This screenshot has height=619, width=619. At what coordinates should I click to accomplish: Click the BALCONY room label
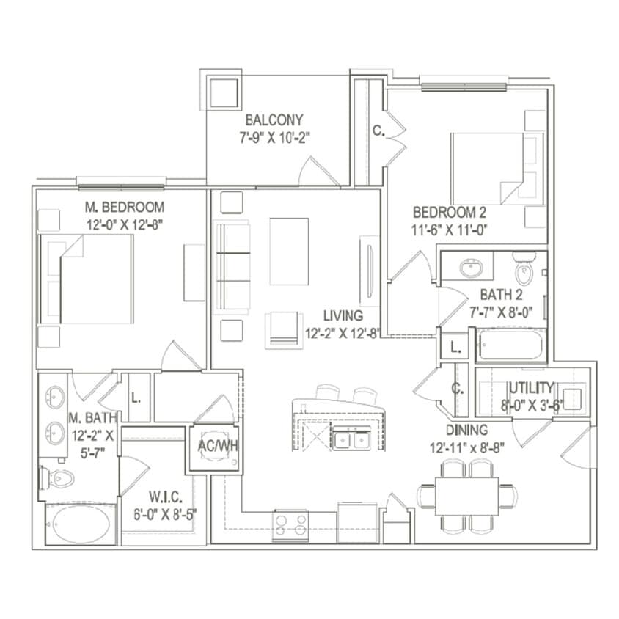click(274, 120)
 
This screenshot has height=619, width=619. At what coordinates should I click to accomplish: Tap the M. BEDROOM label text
click(124, 208)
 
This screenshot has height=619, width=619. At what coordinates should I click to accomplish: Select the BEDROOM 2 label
click(450, 213)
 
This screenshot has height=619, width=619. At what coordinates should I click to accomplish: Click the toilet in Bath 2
click(524, 270)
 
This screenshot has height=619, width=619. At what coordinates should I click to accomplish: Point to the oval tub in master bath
click(81, 524)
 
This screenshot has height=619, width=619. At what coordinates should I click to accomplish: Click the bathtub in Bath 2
click(511, 345)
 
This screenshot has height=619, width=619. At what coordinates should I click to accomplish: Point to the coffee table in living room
click(289, 251)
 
